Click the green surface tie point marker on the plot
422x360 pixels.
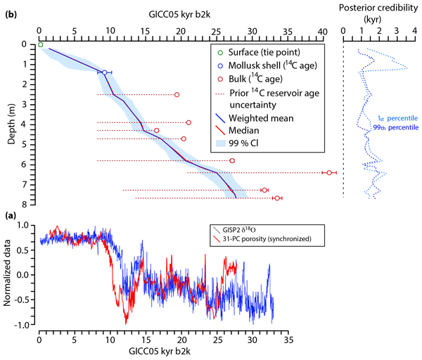point(41,45)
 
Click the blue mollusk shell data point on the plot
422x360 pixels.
point(104,72)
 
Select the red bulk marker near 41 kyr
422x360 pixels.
point(329,172)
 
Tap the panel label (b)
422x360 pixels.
point(11,15)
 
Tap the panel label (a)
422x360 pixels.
point(11,217)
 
